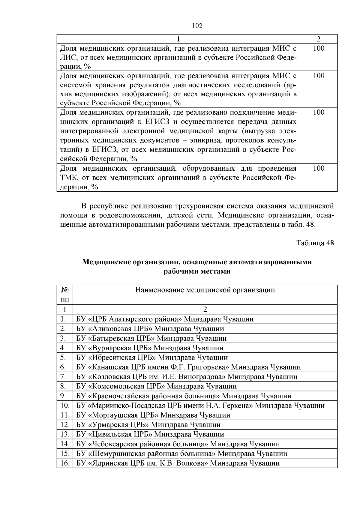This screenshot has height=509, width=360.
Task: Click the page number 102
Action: point(197,26)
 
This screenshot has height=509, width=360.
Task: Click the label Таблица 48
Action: point(315,243)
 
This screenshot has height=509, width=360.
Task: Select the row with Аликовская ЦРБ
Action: point(150,328)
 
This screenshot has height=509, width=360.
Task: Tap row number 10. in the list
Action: point(65,406)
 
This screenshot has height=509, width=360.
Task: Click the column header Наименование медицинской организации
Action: point(205,290)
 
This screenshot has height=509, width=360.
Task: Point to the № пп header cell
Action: point(65,294)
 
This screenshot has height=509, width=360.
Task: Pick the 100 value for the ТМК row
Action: point(319,168)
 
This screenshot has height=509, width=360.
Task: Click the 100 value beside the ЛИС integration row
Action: point(319,48)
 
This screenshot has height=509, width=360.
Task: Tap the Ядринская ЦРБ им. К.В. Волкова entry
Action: point(178,463)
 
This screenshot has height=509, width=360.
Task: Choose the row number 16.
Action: point(65,463)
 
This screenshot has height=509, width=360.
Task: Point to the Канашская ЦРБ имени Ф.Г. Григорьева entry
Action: point(188,367)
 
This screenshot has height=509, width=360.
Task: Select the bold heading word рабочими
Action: point(180,271)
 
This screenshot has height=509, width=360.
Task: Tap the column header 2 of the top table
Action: point(319,39)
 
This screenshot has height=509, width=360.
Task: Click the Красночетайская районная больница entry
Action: point(184,396)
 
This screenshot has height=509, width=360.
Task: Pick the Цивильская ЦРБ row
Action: point(150,434)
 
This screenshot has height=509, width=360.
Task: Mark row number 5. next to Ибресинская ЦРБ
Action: point(64,357)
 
